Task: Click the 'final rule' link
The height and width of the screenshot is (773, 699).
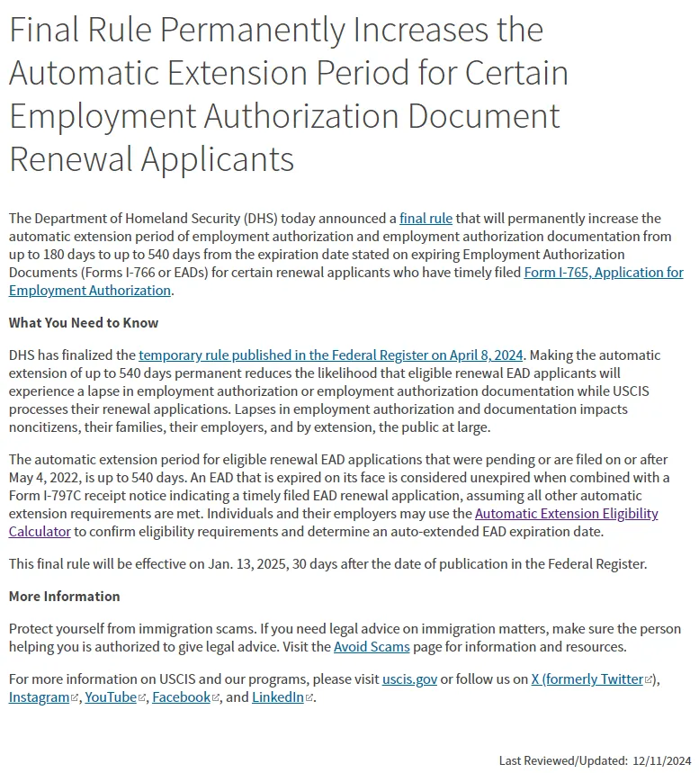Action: coord(426,219)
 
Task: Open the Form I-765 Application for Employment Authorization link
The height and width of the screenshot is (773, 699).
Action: coord(603,273)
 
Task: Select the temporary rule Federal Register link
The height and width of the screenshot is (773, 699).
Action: coord(330,355)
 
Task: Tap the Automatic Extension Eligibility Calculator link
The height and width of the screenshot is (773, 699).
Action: coord(566,514)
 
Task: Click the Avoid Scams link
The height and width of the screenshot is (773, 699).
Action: coord(372,647)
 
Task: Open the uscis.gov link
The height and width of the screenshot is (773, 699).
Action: coord(409,679)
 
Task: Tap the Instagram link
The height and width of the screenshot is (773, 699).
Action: coord(39,697)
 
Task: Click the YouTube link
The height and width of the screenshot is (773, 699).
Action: coord(111,697)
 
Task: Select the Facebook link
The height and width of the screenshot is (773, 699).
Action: coord(181,697)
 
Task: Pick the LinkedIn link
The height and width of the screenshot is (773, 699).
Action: coord(277,697)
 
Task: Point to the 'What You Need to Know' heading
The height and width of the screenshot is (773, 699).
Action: coord(84,323)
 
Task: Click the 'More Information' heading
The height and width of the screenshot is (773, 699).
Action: coord(65,597)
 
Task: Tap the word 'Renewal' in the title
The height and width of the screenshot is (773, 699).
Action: coord(70,159)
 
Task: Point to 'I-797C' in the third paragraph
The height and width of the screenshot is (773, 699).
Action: coord(70,496)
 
